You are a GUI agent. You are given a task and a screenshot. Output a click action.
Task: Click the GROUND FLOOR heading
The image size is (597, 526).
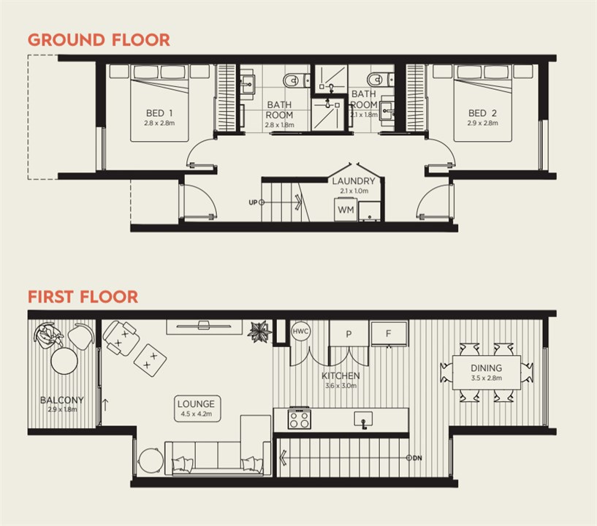click(x=99, y=39)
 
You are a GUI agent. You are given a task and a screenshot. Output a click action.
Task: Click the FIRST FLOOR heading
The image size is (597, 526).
click(x=83, y=297)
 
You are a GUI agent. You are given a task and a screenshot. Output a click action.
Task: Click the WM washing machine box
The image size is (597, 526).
click(x=345, y=210)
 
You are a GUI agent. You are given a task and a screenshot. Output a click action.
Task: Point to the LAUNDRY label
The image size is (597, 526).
click(x=353, y=181)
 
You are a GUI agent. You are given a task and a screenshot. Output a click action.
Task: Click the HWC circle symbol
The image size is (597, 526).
click(x=301, y=331)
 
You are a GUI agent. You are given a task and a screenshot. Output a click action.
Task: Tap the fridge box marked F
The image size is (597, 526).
click(x=388, y=333)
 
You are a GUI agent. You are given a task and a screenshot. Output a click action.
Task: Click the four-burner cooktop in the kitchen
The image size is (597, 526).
click(x=300, y=419)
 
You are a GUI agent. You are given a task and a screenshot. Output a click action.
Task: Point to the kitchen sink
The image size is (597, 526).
click(x=362, y=419)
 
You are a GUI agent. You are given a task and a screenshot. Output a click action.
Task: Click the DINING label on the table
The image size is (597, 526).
click(x=486, y=368)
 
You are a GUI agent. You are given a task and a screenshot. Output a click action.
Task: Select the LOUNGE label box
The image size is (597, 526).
click(x=195, y=407)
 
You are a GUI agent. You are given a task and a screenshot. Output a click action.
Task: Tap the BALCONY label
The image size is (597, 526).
click(x=61, y=400)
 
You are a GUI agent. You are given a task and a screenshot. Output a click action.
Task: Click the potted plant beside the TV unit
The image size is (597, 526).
click(x=259, y=331)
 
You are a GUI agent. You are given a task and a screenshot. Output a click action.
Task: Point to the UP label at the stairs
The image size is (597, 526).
click(x=253, y=202)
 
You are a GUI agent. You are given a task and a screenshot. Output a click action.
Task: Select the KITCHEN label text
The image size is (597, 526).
click(x=341, y=376)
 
